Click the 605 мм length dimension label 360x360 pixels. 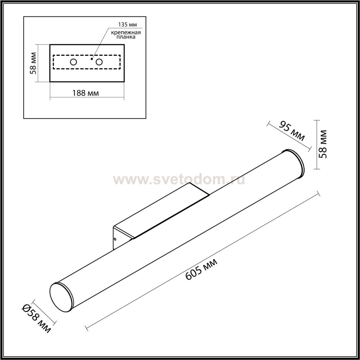coord(201,269)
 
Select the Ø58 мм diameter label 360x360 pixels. coord(36,319)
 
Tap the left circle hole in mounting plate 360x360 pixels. coord(73,62)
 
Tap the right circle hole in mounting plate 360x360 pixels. coord(99,62)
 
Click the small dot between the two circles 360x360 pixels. coord(92,59)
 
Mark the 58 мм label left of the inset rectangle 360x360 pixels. coord(33,63)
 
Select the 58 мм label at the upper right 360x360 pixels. coord(324,144)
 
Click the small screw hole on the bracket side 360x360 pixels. coord(115,239)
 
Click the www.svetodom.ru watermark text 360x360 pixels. coord(179,179)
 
